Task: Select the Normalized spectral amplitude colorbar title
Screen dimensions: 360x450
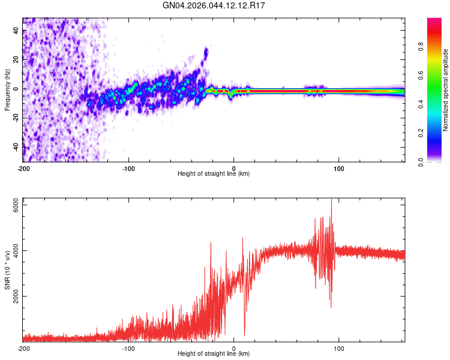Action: pyautogui.click(x=446, y=89)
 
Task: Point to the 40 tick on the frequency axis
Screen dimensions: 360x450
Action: pyautogui.click(x=16, y=31)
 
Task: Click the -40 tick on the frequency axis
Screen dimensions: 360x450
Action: pyautogui.click(x=16, y=146)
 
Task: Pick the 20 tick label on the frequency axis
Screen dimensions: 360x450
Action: pyautogui.click(x=16, y=60)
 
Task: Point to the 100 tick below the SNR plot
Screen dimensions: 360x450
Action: pyautogui.click(x=339, y=348)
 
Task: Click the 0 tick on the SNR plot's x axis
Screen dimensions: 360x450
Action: pyautogui.click(x=234, y=348)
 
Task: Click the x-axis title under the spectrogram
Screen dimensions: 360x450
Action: pyautogui.click(x=214, y=174)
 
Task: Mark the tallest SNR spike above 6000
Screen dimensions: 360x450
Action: pyautogui.click(x=331, y=200)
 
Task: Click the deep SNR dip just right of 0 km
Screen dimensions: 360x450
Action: pyautogui.click(x=244, y=335)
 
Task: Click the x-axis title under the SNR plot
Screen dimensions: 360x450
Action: pyautogui.click(x=214, y=355)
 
